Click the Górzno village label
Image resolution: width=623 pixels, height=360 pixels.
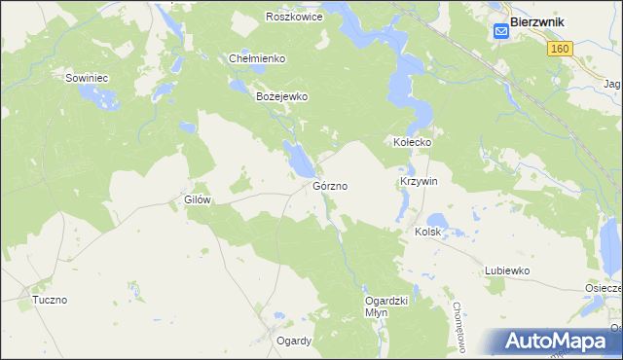pyautogui.click(x=331, y=185)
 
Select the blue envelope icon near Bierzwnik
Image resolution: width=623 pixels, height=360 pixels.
pyautogui.click(x=500, y=31)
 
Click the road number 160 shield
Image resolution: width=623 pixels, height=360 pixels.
pyautogui.click(x=558, y=49)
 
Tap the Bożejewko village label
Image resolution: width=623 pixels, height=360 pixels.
pyautogui.click(x=281, y=97)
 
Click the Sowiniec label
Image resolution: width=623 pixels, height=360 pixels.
pyautogui.click(x=86, y=77)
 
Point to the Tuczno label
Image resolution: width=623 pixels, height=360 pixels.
pyautogui.click(x=49, y=300)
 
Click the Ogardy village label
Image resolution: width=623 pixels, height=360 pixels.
pyautogui.click(x=293, y=341)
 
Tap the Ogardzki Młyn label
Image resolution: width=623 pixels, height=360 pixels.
pyautogui.click(x=376, y=306)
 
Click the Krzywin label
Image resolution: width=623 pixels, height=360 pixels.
pyautogui.click(x=420, y=182)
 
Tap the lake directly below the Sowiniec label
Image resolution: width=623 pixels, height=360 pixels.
pyautogui.click(x=97, y=96)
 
